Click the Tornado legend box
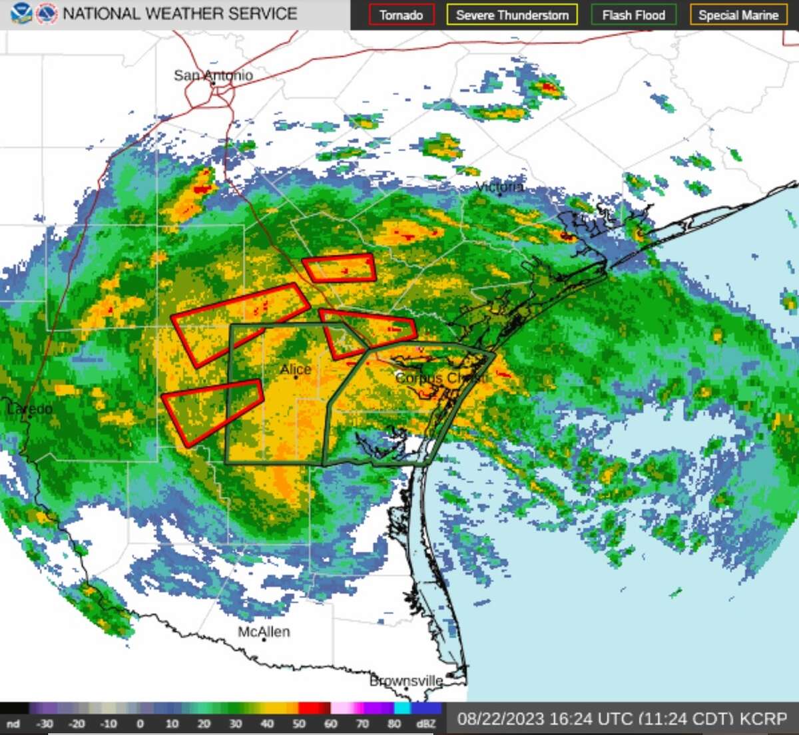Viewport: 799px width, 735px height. [x=401, y=15]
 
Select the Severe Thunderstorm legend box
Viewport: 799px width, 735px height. [x=512, y=15]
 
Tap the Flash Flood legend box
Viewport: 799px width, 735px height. [x=633, y=15]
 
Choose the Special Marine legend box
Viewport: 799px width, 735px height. [x=738, y=15]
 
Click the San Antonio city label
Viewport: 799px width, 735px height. [x=213, y=75]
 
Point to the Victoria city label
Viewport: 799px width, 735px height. [x=500, y=187]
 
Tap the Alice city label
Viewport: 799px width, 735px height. [x=296, y=369]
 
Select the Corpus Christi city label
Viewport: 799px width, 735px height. [x=441, y=378]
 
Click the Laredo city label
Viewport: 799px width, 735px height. [x=29, y=408]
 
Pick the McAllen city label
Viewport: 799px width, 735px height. [x=264, y=632]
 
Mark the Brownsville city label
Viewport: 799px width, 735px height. [x=406, y=680]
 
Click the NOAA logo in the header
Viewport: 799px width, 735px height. [x=21, y=13]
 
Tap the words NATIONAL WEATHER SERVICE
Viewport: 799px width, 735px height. [x=180, y=13]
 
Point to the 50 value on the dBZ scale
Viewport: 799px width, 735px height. [x=299, y=724]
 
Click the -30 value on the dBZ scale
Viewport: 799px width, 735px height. [x=44, y=724]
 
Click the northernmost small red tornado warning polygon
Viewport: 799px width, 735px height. [x=340, y=268]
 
